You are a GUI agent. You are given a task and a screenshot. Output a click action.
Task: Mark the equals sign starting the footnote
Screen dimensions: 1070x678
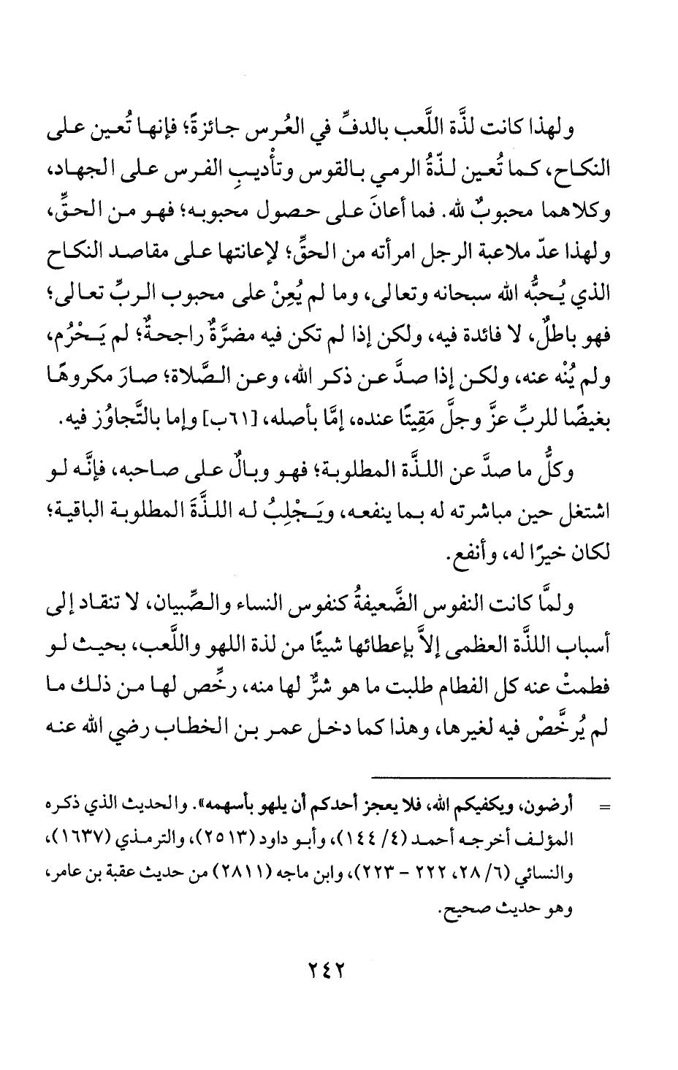pos(604,809)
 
